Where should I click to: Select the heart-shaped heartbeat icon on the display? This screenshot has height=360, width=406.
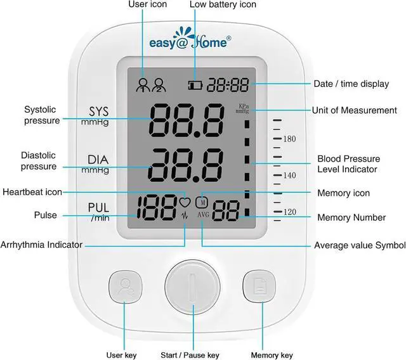[x=185, y=203]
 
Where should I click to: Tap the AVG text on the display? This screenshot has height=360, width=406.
[x=203, y=215]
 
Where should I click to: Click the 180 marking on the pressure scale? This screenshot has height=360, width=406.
[x=290, y=139]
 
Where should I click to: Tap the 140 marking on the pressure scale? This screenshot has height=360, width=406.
[x=290, y=176]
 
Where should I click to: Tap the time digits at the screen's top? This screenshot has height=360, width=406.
[x=231, y=84]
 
